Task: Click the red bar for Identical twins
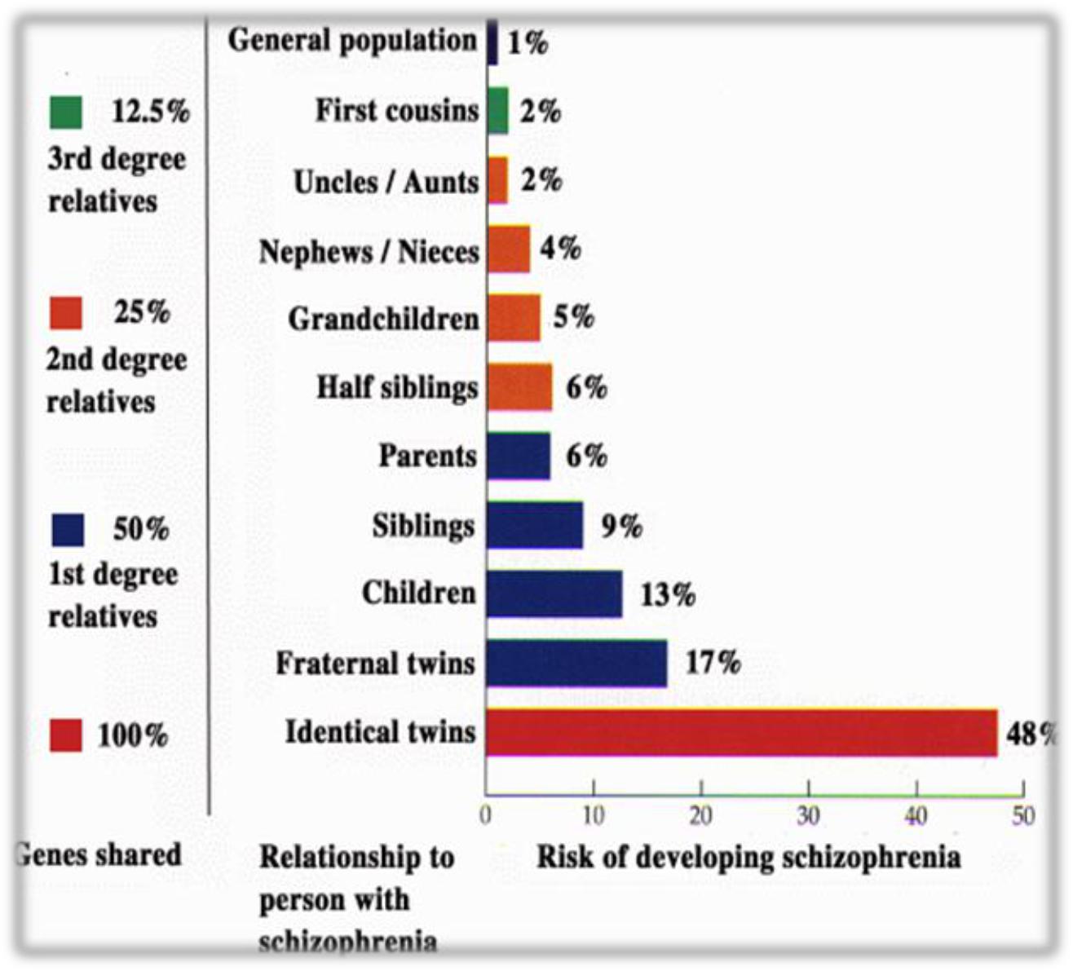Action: [741, 733]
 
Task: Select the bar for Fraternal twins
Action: [576, 664]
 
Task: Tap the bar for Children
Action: [554, 594]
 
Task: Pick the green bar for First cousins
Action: [497, 111]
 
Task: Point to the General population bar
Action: [492, 42]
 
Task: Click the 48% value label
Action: [1031, 735]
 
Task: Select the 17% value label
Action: [713, 663]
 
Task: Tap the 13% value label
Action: [668, 595]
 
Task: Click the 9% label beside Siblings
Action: [621, 527]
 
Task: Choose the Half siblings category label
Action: [397, 387]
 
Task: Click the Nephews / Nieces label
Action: [369, 252]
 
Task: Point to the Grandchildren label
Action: [383, 319]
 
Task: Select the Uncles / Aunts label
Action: [386, 182]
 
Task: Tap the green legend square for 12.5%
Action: [66, 113]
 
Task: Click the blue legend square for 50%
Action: [67, 530]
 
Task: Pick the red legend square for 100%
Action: [66, 735]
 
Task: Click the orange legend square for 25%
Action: [66, 313]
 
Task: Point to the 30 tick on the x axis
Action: [808, 815]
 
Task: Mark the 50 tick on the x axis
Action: [1023, 815]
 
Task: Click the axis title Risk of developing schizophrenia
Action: [748, 858]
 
